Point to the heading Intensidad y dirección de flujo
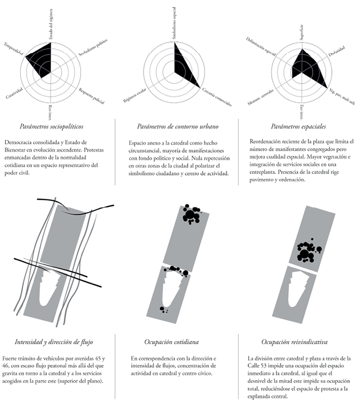click(x=56, y=341)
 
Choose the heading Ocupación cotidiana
click(x=175, y=341)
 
